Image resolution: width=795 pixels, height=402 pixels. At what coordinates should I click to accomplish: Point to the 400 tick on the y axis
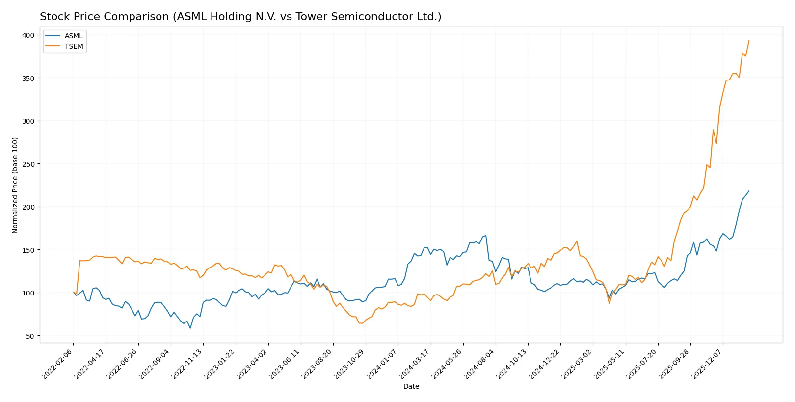tap(28, 35)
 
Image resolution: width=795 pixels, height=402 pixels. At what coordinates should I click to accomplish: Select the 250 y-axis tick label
tap(28, 164)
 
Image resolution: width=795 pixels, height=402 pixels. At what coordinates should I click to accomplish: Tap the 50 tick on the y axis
tap(30, 336)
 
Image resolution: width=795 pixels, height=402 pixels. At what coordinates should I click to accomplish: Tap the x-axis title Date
tap(411, 386)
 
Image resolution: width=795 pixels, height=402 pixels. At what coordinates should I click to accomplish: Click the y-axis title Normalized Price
tap(15, 185)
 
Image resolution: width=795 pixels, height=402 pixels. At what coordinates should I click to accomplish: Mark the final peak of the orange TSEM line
tap(749, 41)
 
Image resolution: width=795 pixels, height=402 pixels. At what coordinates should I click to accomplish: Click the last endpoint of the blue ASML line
tap(749, 191)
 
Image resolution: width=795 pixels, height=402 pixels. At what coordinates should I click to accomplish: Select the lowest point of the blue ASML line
tap(190, 328)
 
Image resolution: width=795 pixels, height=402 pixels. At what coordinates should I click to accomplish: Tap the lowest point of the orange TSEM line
tap(360, 323)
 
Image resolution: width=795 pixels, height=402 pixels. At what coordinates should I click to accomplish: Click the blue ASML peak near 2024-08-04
tap(485, 235)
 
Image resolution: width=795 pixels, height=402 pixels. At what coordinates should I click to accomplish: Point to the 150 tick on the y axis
tap(28, 250)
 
